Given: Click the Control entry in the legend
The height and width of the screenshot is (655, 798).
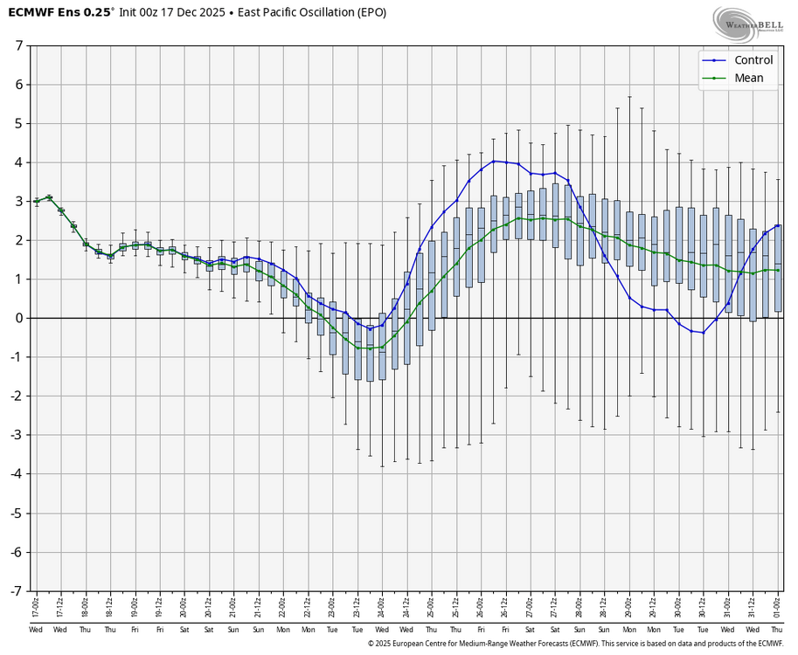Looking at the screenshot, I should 753,60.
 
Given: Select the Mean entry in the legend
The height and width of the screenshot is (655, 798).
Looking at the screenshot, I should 748,78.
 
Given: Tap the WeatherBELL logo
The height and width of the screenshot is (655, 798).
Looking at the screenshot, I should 746,24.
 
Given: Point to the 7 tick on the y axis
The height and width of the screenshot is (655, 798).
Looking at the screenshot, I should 18,45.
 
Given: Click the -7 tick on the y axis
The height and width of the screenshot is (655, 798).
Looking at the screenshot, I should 16,591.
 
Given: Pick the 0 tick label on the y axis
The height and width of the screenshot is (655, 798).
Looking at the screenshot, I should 18,318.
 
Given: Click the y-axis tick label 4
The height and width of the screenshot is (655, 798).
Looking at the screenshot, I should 18,162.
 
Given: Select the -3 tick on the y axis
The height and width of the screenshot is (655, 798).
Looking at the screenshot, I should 16,435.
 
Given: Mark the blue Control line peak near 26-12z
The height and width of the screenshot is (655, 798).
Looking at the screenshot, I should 494,161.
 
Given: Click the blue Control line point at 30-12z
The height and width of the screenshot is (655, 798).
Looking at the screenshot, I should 704,333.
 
